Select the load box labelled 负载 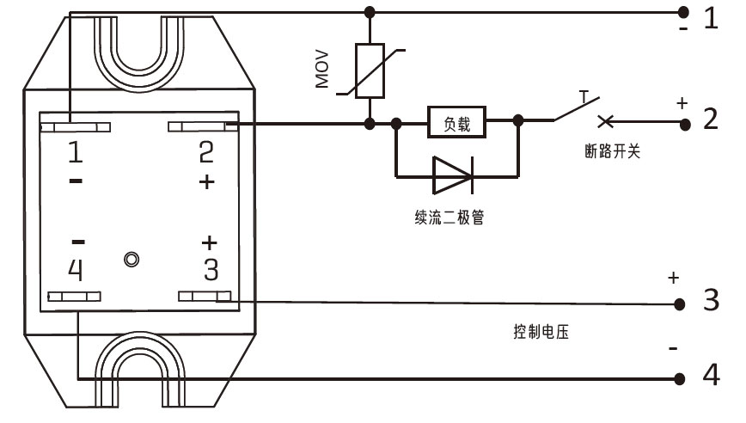[x=456, y=124]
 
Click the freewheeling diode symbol [x=452, y=175]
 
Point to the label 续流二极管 [x=449, y=218]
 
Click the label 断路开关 [x=610, y=151]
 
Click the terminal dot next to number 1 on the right [x=684, y=12]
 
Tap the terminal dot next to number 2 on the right [x=684, y=124]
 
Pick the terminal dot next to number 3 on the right [x=680, y=303]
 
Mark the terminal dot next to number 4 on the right [x=680, y=378]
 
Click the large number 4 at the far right [x=711, y=377]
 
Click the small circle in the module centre [x=131, y=259]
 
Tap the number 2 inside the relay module [x=206, y=152]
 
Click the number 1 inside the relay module [x=76, y=152]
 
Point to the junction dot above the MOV [x=370, y=12]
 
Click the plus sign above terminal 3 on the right [x=674, y=279]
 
